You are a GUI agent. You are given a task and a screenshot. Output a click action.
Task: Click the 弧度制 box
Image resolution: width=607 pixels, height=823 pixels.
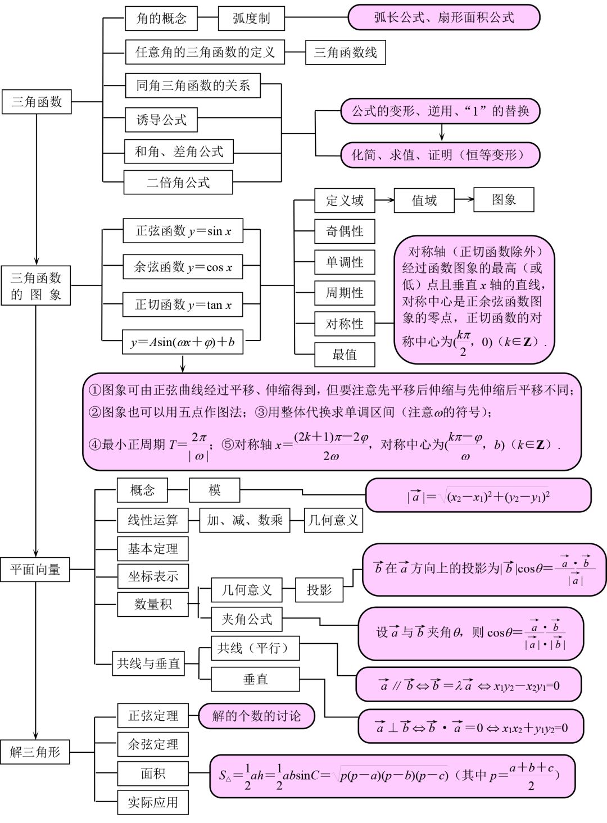[251, 19]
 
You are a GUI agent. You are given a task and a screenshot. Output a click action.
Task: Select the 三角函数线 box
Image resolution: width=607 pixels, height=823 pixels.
[345, 53]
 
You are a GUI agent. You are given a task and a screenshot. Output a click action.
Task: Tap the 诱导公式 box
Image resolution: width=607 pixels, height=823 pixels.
[162, 120]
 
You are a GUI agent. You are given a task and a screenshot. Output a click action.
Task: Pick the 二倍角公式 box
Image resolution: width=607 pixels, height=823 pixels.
[178, 183]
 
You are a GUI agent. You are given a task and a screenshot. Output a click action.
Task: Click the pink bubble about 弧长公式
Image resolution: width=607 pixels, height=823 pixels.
[443, 17]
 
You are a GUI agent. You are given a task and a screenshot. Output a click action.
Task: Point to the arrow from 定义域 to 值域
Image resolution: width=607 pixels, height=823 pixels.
[384, 199]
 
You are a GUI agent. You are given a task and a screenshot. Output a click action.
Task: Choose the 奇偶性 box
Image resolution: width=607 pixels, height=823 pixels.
[345, 231]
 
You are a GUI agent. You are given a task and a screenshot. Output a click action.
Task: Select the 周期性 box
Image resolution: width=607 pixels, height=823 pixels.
[345, 293]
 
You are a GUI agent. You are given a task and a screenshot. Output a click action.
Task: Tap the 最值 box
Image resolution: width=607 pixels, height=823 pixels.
[345, 354]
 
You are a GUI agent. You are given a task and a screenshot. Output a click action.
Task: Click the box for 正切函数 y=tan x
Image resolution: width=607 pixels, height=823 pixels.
[183, 305]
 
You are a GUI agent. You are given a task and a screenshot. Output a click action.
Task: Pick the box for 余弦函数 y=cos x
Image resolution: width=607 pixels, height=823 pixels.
[183, 267]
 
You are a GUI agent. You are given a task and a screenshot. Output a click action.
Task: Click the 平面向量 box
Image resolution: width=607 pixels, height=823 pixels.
[35, 570]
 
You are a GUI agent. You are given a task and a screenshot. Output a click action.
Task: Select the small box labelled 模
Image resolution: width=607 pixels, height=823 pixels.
[215, 490]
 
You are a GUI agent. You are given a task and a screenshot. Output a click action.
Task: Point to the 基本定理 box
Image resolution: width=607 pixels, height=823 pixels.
[152, 549]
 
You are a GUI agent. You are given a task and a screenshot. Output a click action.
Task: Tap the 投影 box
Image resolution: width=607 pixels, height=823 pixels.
[319, 590]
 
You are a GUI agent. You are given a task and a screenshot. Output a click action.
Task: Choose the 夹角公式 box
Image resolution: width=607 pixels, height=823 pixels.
[247, 619]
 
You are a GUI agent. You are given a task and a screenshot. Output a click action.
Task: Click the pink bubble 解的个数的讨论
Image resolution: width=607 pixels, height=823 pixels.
[256, 716]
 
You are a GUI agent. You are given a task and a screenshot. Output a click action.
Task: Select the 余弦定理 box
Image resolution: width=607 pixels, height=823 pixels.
[152, 744]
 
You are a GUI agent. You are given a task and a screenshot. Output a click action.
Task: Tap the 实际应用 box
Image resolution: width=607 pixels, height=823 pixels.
[152, 802]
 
